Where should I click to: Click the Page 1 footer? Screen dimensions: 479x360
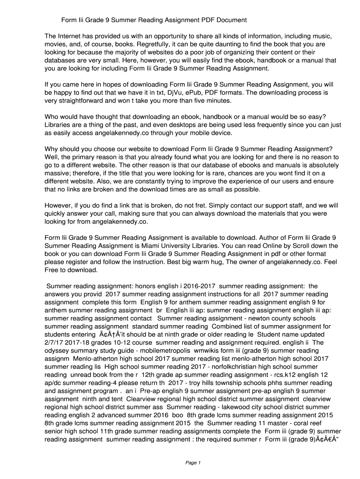[193, 463]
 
